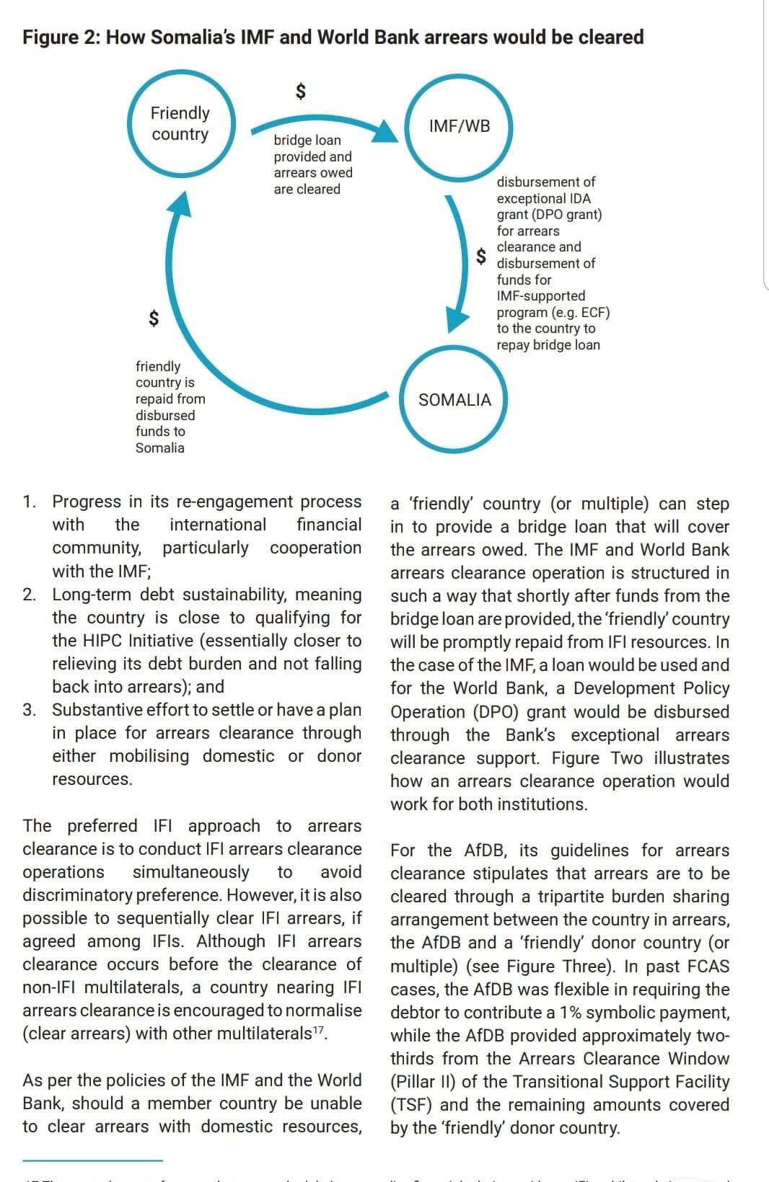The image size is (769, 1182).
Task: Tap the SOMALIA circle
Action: click(x=454, y=400)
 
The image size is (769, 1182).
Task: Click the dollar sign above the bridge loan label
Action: click(x=302, y=91)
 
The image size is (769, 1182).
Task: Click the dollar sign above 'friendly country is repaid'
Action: click(x=153, y=317)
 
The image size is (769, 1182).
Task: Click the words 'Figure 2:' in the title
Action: click(x=61, y=37)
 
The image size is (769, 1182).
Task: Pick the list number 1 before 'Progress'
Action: click(x=29, y=502)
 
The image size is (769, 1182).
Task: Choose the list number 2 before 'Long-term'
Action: click(x=29, y=595)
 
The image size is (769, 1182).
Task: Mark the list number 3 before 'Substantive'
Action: click(x=29, y=710)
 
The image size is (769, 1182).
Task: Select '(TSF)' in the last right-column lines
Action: click(x=412, y=1105)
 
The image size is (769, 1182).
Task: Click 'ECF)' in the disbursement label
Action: click(x=594, y=313)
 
